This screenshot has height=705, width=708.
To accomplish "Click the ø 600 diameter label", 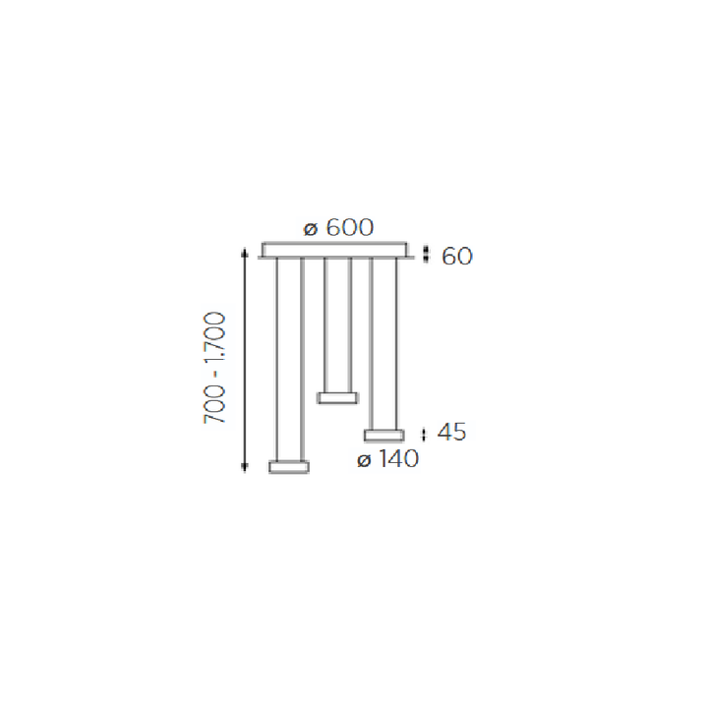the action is pyautogui.click(x=338, y=227).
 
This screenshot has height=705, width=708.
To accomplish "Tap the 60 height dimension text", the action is pyautogui.click(x=457, y=256).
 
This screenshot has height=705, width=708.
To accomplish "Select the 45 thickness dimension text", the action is pyautogui.click(x=451, y=433).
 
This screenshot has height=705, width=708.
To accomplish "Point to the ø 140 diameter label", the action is pyautogui.click(x=387, y=459).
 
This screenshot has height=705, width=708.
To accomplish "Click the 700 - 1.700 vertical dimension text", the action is pyautogui.click(x=214, y=367).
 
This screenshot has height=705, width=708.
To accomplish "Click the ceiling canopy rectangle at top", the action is pyautogui.click(x=334, y=250).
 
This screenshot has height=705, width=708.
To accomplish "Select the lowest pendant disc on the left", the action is pyautogui.click(x=289, y=466).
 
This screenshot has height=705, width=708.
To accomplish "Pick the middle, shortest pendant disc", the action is pyautogui.click(x=337, y=398).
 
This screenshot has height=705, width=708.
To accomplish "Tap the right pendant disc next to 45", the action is pyautogui.click(x=384, y=436).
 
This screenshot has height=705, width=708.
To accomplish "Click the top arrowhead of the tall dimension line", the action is pyautogui.click(x=244, y=252).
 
